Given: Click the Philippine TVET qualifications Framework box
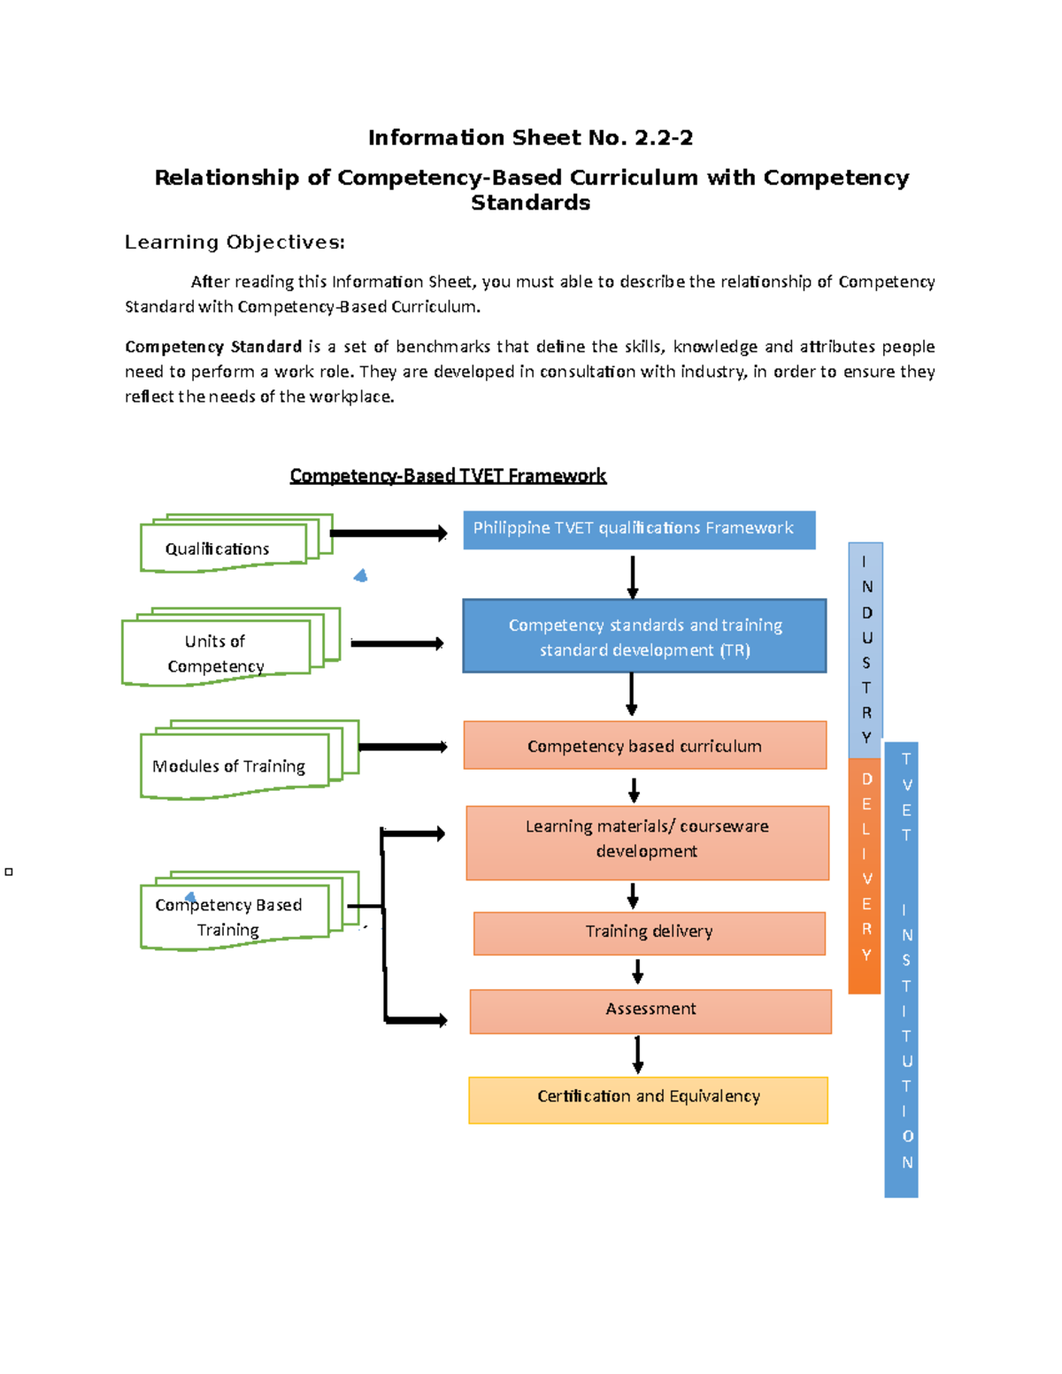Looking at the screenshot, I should (639, 529).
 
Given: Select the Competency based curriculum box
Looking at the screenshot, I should (645, 745).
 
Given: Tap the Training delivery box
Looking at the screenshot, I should (649, 933).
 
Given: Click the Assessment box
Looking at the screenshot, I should (650, 1010).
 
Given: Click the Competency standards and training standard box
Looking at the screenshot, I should (644, 636).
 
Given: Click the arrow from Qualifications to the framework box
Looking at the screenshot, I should (388, 533).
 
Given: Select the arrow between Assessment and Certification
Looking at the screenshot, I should (637, 1054).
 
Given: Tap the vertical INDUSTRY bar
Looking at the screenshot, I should (866, 649).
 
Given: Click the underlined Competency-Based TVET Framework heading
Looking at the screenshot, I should (448, 476).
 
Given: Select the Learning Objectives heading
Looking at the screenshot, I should (235, 242).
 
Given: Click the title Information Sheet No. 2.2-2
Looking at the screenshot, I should (530, 138).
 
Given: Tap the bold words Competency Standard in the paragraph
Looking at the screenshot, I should (213, 347).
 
